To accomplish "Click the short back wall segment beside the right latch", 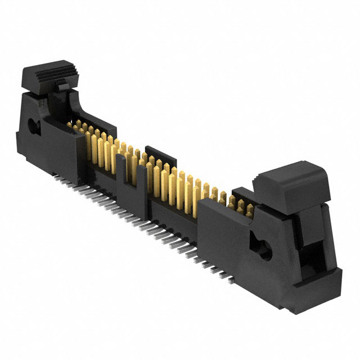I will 242,193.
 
